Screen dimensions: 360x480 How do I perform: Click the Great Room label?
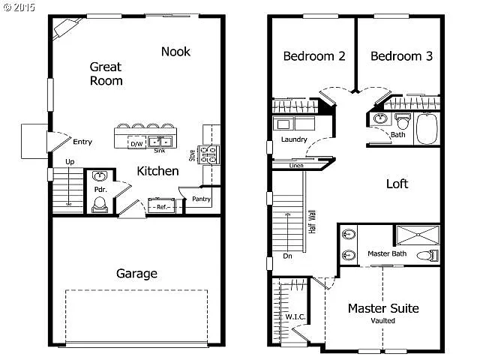click(106, 73)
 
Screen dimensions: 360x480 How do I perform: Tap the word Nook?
click(175, 51)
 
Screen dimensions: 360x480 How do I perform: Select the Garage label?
click(136, 273)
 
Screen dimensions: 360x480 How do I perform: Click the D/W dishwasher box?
click(136, 142)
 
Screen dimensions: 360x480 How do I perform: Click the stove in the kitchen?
click(209, 154)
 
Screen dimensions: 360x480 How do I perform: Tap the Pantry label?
click(201, 199)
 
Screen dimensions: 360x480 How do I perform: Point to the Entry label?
click(82, 141)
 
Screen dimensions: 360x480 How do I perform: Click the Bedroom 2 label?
click(313, 56)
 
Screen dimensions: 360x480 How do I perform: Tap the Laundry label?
click(294, 139)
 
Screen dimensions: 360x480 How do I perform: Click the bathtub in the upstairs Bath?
click(427, 129)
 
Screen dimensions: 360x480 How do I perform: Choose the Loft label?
click(397, 184)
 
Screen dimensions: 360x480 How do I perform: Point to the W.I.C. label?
click(295, 316)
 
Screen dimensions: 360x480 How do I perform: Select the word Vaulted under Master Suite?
click(382, 321)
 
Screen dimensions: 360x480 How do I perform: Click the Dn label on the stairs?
click(287, 255)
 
